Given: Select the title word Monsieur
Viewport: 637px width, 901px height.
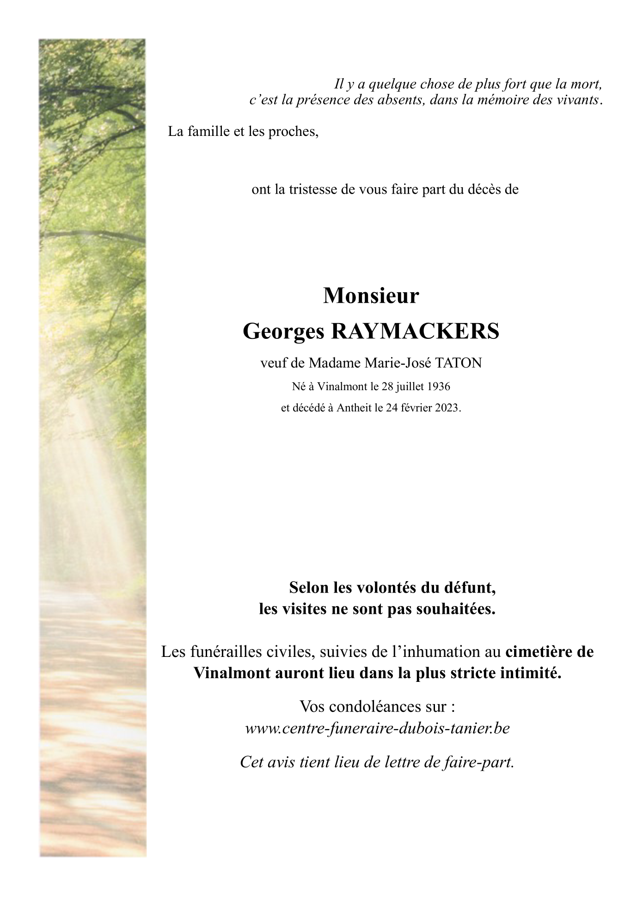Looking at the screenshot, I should pyautogui.click(x=371, y=296).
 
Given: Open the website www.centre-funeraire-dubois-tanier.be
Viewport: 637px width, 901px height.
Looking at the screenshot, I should pyautogui.click(x=377, y=729).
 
